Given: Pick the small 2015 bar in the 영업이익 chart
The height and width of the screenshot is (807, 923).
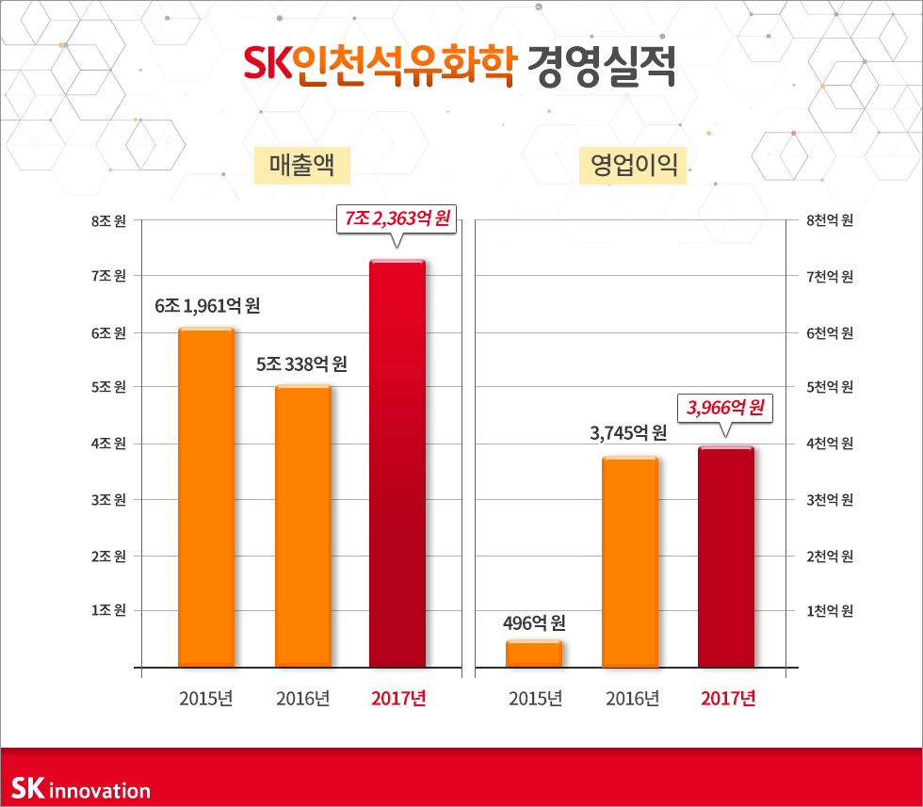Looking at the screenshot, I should point(533,654).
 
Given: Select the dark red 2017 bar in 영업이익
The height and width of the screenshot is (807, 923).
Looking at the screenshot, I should point(725,557).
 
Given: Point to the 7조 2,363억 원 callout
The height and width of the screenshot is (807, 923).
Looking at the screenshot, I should point(397,219).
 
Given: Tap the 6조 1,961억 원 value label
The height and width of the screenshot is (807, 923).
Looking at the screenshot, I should point(207,306).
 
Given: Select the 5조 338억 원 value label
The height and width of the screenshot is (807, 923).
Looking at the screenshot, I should point(302,363).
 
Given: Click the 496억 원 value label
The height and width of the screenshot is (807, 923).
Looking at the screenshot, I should point(533,622).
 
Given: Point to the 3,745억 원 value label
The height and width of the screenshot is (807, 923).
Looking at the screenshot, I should point(628,433).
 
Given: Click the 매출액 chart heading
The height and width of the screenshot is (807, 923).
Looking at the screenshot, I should point(296,167).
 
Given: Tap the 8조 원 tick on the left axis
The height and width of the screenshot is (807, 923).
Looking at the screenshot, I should point(108,221).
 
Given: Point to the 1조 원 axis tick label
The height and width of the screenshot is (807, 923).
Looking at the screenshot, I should point(108,610).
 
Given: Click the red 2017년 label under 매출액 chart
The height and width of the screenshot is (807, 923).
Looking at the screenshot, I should point(398,699).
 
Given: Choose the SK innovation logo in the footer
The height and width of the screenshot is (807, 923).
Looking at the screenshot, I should point(81,789).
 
